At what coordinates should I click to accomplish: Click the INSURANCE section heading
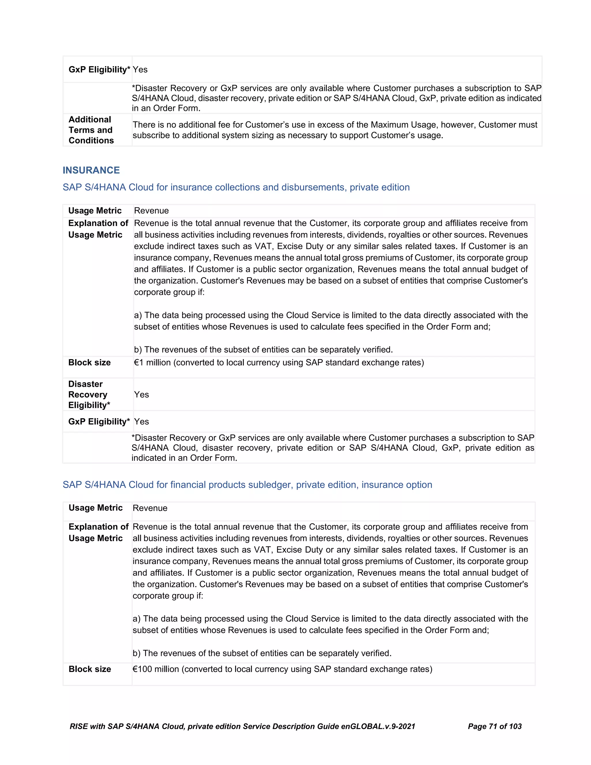coord(91,170)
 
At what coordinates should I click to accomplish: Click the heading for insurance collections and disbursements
coord(236,187)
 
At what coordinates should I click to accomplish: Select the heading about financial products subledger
coord(247,484)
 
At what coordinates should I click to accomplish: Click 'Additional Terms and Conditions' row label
coord(91,130)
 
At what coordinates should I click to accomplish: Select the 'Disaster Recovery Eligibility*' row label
coord(89,394)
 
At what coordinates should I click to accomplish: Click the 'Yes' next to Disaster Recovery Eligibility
coord(141,394)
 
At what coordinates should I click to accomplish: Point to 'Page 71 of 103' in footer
coord(494,727)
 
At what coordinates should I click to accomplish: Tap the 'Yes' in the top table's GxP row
coord(140,69)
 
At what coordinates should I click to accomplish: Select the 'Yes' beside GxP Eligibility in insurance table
coord(141,421)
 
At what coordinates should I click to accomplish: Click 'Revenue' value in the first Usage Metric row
coord(151,210)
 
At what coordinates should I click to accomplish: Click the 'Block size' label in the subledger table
coord(90,669)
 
